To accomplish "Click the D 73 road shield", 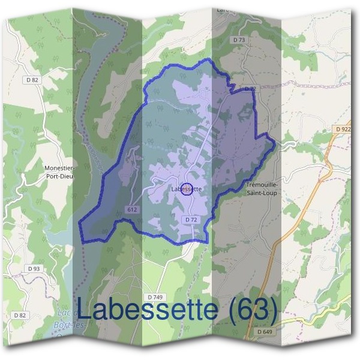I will pos(238,40).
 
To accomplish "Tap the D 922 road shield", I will pos(343,128).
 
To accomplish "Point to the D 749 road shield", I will pos(155,297).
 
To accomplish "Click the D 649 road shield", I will pos(264,331).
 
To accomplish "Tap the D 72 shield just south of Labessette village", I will pos(191,220).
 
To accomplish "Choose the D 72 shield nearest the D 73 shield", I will pos(250,89).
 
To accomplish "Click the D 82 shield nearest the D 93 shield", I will pos(19,315).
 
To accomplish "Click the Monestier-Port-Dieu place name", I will pos(59,172).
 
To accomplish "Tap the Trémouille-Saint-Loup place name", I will pos(262,189).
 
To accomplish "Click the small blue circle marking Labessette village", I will pos(187,189).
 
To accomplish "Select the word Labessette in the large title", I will pos(147,310).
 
